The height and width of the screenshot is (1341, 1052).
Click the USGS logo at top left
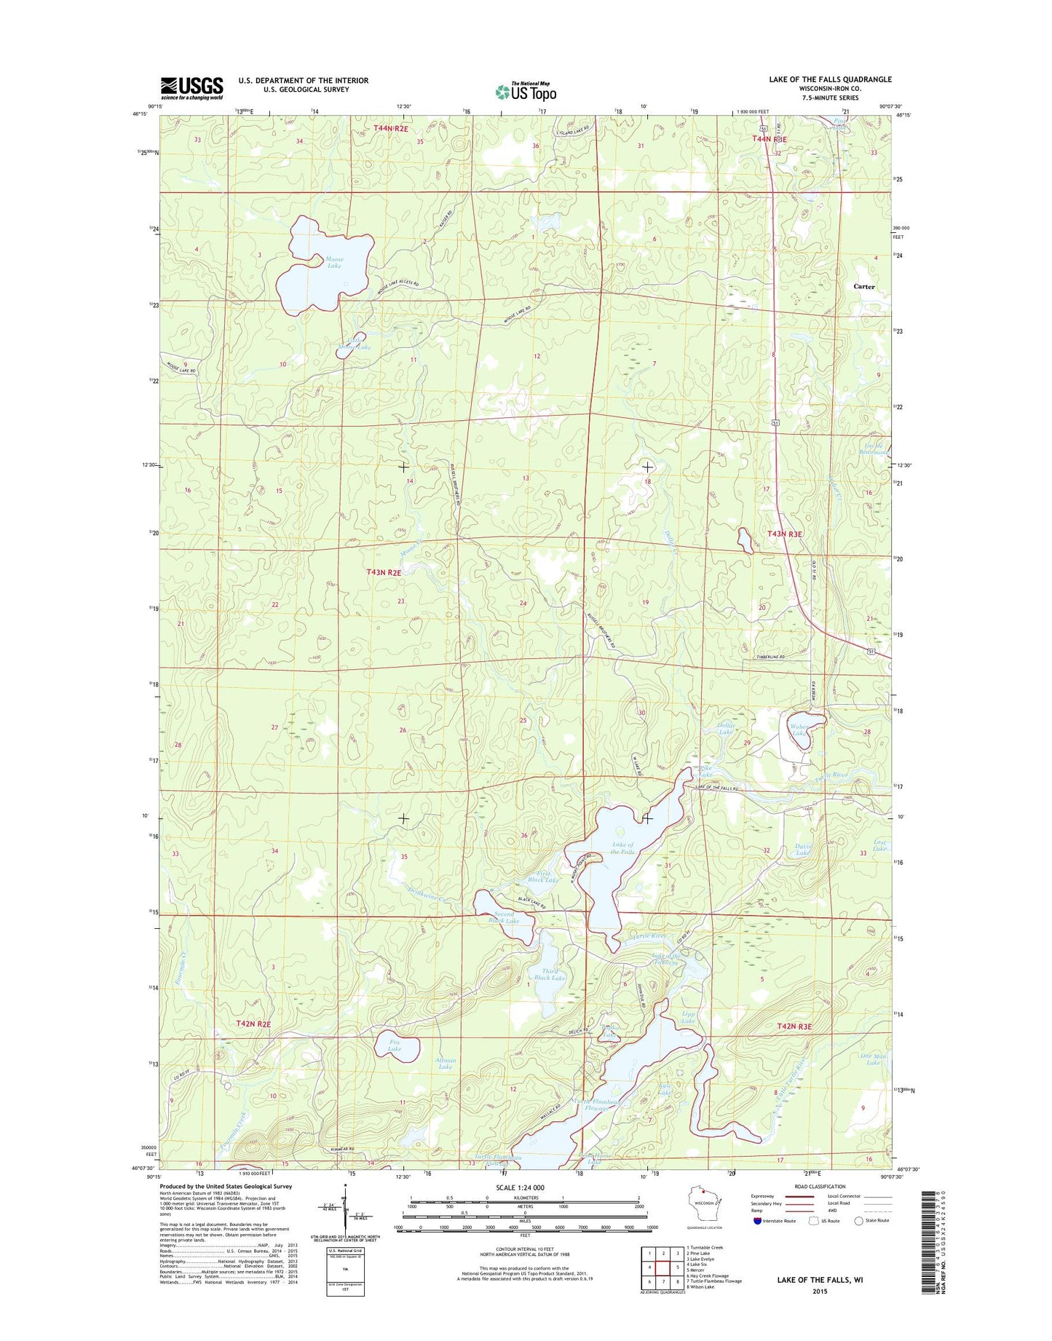coord(191,88)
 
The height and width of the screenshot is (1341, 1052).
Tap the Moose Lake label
coord(334,263)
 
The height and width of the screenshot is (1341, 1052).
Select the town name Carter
coord(864,287)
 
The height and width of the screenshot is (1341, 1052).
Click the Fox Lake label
coord(395,1045)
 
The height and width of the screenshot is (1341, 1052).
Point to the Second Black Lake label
coord(504,917)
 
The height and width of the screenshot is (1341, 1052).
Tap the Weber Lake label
coord(799,729)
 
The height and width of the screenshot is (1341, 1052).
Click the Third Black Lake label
coord(550,974)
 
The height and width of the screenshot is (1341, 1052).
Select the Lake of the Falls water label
coord(622,848)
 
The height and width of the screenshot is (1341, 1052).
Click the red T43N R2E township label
coord(384,573)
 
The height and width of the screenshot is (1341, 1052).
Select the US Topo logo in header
coord(526,91)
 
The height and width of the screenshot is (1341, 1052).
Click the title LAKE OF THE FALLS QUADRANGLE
coord(830,79)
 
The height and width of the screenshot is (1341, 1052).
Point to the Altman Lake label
coord(446,1064)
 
